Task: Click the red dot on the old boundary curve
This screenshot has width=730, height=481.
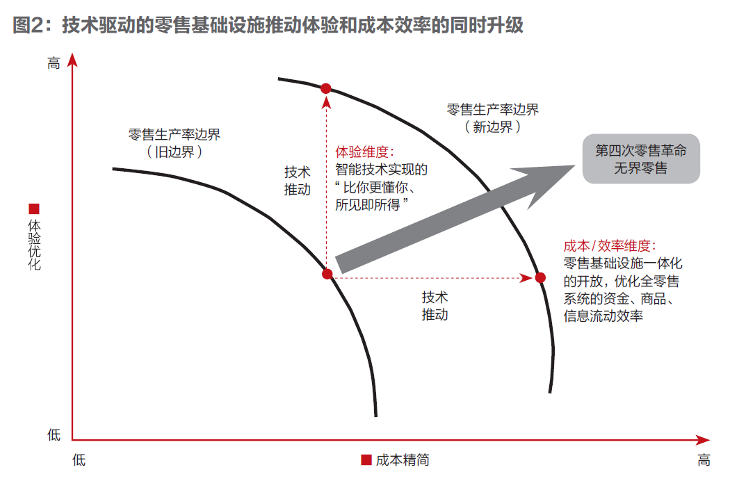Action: tap(327, 274)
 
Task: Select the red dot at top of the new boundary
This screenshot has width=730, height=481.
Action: tap(326, 88)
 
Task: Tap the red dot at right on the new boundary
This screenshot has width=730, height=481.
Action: tap(540, 277)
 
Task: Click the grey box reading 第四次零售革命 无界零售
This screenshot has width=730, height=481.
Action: tap(641, 158)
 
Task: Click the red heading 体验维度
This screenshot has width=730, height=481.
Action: tap(364, 152)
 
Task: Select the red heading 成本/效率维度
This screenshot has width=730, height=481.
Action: tap(610, 245)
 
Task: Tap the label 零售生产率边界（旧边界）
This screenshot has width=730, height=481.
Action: tap(174, 143)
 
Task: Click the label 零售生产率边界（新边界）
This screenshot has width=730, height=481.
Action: tap(492, 118)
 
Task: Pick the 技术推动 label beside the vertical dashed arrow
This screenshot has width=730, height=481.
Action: tap(297, 181)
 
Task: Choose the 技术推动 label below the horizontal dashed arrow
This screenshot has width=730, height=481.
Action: tap(435, 306)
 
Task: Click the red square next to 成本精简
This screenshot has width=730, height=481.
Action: tap(366, 459)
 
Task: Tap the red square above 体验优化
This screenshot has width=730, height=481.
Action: tap(34, 209)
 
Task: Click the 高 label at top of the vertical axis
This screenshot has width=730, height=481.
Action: tap(54, 63)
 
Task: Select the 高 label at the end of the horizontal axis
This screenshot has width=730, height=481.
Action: tap(704, 460)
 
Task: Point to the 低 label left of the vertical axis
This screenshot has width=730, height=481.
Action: tap(54, 435)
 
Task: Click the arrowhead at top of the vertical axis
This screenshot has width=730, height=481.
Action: tap(72, 60)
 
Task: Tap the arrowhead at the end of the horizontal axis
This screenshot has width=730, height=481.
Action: tap(703, 439)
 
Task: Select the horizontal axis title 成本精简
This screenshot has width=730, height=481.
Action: tap(403, 460)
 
